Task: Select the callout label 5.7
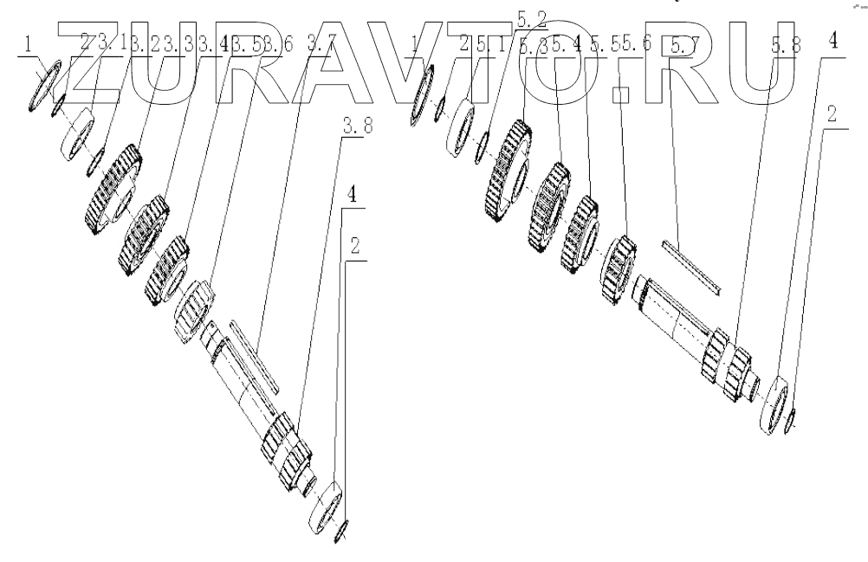point(681,46)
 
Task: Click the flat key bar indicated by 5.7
point(690,264)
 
